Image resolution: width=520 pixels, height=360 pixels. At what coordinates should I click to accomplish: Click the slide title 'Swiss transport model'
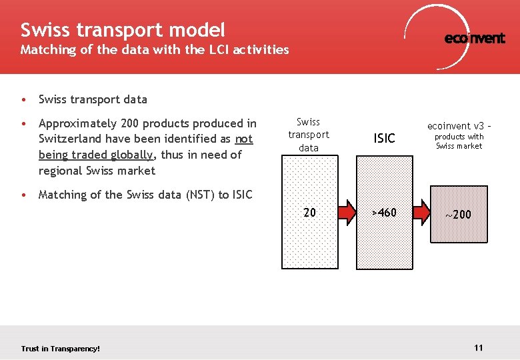(123, 30)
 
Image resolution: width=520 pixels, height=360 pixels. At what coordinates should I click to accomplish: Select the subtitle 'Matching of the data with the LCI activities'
(155, 49)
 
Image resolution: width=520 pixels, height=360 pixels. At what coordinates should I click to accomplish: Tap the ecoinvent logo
(474, 38)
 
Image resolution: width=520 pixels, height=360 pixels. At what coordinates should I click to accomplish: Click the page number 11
(478, 347)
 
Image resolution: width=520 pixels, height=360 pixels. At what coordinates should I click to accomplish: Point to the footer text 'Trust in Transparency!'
(61, 349)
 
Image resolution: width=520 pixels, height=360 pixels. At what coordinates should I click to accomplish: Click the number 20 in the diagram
(309, 213)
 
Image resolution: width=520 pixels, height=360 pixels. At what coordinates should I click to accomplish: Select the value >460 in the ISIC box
(384, 213)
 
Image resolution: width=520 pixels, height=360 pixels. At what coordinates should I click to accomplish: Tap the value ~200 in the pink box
(459, 214)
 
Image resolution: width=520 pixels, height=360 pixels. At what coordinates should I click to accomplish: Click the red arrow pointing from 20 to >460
(347, 213)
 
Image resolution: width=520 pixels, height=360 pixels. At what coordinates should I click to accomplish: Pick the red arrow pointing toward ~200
(421, 213)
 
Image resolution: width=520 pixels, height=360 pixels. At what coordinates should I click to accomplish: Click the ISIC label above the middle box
(384, 139)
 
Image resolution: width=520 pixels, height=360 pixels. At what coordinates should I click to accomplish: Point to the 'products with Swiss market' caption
(459, 141)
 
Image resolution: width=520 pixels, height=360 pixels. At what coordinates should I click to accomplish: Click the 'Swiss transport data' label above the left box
(309, 135)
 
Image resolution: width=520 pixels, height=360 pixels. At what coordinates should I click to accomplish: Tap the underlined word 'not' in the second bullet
(244, 139)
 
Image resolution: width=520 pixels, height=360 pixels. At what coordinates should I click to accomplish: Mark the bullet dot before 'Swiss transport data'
(24, 100)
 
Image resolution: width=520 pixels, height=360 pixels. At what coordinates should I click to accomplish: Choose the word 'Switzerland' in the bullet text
(71, 139)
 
